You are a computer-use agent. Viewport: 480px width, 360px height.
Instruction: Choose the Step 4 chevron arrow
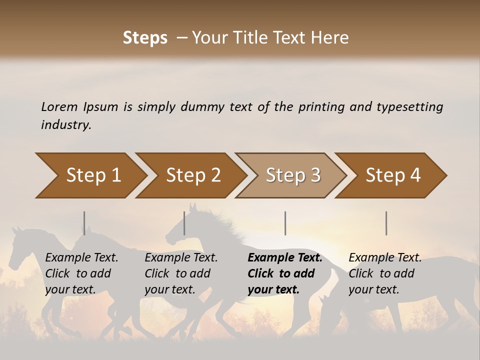(x=393, y=175)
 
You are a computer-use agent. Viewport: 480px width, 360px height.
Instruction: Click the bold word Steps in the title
(x=145, y=38)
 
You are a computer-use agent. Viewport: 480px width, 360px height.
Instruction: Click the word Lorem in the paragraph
(x=59, y=107)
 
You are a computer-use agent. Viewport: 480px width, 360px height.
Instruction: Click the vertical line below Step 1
(x=84, y=223)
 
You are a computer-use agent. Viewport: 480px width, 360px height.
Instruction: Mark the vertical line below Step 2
(x=184, y=223)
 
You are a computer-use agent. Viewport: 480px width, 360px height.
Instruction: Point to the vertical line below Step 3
(x=285, y=223)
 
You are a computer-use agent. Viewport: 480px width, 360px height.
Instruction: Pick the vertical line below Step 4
(x=386, y=223)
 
